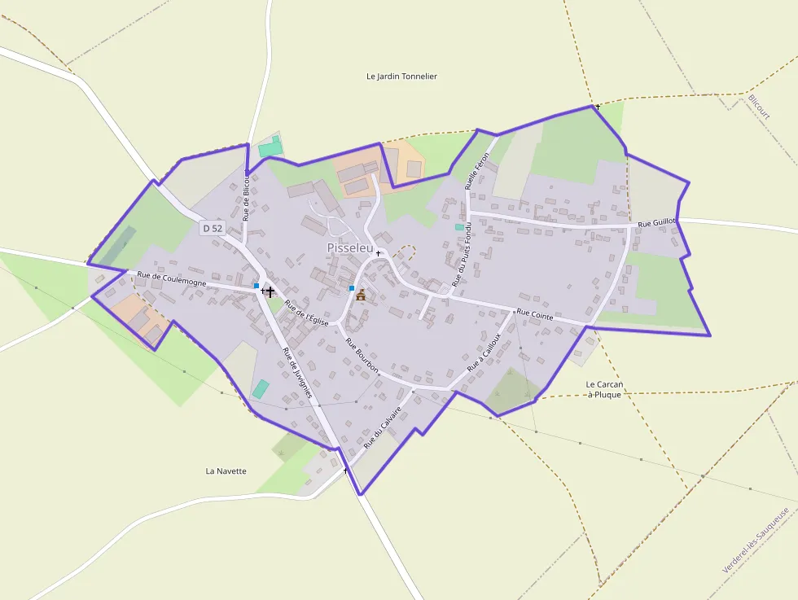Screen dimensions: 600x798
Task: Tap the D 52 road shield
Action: [211, 229]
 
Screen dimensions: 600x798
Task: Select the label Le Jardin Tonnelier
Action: [401, 77]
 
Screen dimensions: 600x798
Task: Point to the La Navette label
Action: [226, 471]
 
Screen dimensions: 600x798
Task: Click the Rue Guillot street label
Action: [656, 222]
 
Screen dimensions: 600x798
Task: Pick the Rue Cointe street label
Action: [535, 314]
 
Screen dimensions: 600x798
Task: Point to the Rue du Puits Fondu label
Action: [461, 256]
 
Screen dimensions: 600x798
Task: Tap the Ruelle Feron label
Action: [477, 171]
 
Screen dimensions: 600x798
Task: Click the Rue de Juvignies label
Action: [297, 372]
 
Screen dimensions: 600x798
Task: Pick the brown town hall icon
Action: [361, 295]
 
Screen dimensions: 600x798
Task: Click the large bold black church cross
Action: [270, 291]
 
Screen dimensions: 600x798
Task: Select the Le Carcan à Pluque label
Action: [604, 389]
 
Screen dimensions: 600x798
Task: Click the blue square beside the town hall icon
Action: [352, 288]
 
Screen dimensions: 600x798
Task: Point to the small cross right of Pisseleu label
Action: [378, 253]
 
